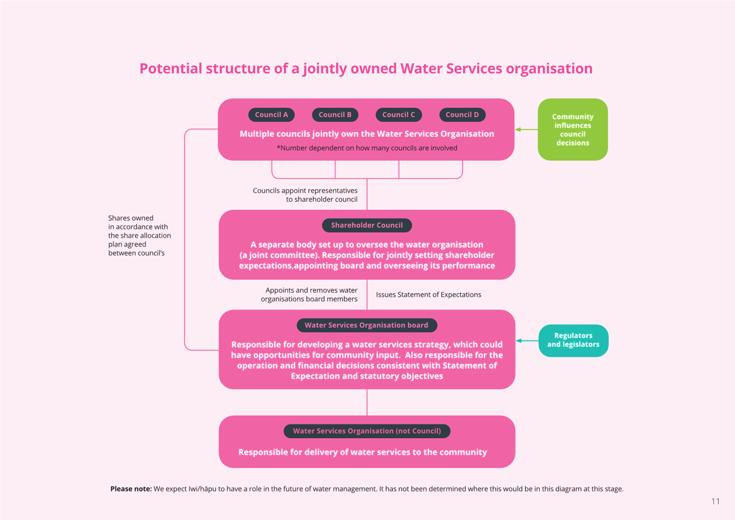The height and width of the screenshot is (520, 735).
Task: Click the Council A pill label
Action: click(x=271, y=115)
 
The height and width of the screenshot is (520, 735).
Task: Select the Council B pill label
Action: click(x=335, y=115)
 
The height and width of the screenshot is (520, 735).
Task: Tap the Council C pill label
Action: click(x=399, y=115)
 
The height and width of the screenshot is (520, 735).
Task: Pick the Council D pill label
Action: click(x=463, y=115)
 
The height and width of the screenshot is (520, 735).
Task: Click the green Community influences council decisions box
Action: click(x=572, y=130)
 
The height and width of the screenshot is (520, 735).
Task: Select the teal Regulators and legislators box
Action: click(x=573, y=340)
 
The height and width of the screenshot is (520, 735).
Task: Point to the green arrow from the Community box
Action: click(x=526, y=130)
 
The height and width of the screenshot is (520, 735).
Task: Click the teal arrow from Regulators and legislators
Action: click(x=527, y=340)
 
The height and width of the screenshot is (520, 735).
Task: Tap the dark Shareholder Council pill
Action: click(x=367, y=225)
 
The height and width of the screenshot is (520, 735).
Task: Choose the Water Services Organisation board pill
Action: click(x=367, y=325)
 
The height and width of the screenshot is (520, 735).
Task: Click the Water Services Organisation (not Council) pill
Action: click(x=367, y=431)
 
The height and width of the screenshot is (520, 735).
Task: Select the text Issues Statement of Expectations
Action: click(x=428, y=294)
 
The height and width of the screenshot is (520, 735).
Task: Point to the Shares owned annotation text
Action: click(x=140, y=236)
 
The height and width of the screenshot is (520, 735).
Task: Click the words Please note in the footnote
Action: click(x=131, y=489)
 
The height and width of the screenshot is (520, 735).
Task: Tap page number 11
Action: click(x=715, y=501)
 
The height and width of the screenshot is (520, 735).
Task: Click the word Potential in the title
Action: click(x=170, y=68)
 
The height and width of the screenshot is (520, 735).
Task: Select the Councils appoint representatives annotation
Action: click(x=305, y=195)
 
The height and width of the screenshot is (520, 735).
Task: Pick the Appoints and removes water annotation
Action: click(x=309, y=294)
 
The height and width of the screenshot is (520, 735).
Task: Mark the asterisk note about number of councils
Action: click(x=367, y=148)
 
